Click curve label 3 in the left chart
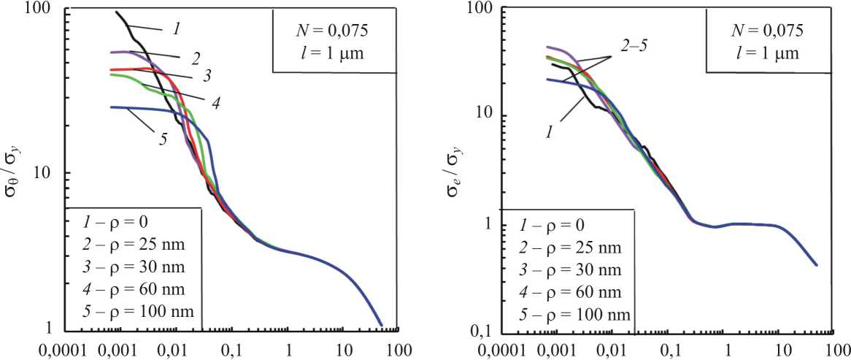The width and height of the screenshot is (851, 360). pos(207,74)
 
